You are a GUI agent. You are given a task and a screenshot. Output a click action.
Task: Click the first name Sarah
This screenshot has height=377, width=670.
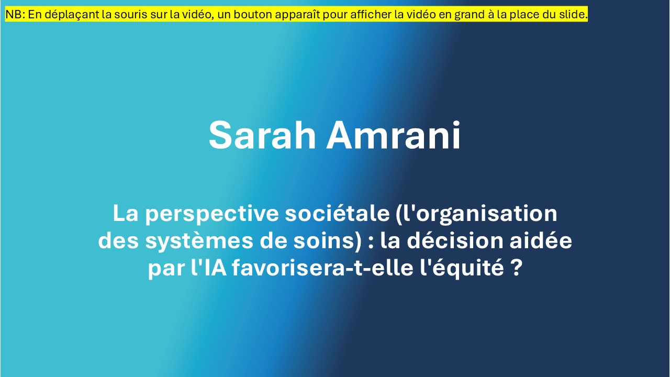click(262, 135)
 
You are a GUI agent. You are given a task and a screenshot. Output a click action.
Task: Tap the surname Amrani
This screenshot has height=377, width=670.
click(393, 135)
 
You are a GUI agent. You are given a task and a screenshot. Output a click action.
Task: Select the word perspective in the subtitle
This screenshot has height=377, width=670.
click(212, 215)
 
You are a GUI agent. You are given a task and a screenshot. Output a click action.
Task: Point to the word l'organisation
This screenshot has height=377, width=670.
click(477, 214)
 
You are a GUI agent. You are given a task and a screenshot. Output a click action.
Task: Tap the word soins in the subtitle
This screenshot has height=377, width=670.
click(324, 241)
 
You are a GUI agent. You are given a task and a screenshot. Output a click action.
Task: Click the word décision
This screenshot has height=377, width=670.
click(455, 240)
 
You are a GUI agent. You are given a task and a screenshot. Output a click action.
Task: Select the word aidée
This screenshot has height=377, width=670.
click(541, 240)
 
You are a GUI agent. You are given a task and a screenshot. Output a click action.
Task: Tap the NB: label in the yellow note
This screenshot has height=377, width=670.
click(15, 14)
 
